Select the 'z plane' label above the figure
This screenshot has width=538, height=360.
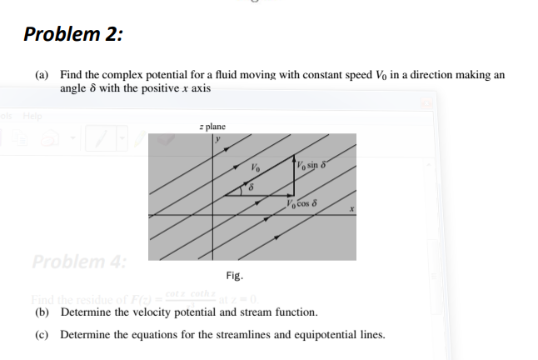click(213, 126)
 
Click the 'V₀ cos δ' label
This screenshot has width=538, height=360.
click(303, 202)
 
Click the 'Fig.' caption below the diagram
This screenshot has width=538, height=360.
click(234, 275)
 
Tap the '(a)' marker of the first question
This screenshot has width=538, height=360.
click(42, 75)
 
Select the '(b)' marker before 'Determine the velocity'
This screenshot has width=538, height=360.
click(42, 312)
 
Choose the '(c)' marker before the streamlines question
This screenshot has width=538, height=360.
click(42, 335)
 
